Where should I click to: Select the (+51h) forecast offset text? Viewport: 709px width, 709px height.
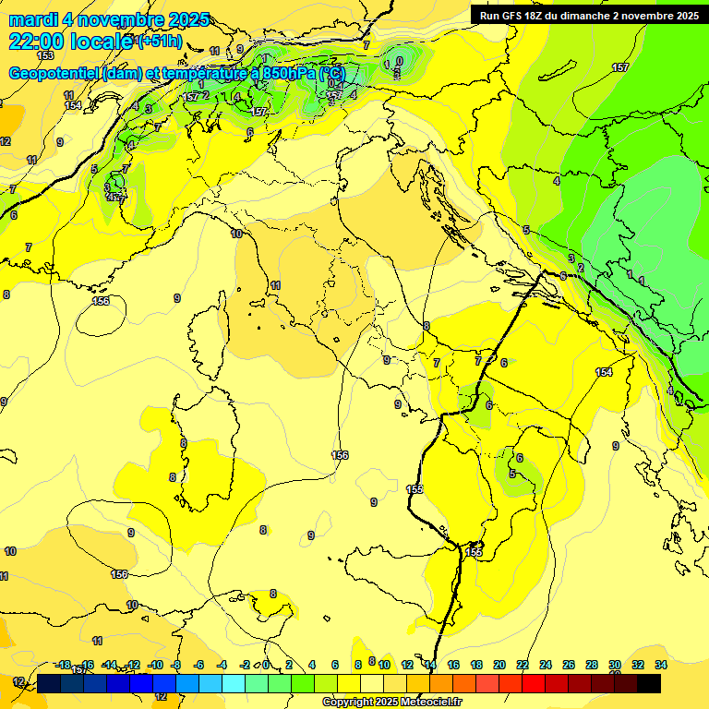coord(159,42)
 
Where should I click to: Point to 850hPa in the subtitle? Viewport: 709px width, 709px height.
coord(291,74)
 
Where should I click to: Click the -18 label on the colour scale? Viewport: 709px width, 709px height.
coord(63,665)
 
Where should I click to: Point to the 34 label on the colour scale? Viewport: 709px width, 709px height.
coord(661,665)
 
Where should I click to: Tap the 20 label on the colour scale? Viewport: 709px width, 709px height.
coord(499,665)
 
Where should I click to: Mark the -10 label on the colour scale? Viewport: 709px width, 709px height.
coord(155,665)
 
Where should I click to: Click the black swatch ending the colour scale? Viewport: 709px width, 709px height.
coord(649,683)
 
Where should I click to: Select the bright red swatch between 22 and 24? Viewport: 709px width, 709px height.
coord(534,683)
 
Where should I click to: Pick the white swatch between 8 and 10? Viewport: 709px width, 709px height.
coord(372,683)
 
